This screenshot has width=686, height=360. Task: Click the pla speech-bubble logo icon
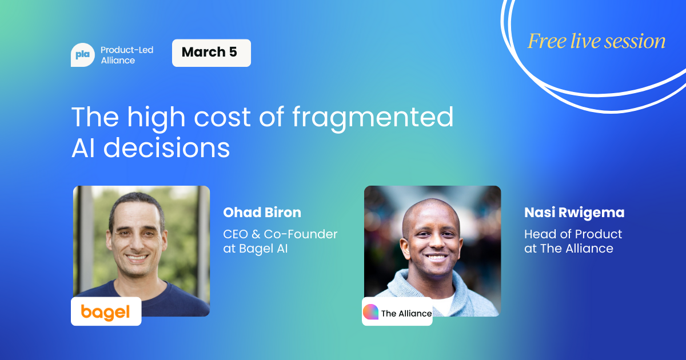[83, 55]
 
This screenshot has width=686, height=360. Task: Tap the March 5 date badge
[212, 53]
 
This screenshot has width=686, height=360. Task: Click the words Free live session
[596, 41]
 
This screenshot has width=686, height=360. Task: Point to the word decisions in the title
[166, 147]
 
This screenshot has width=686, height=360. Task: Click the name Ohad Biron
[262, 213]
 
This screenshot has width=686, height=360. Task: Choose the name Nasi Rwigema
[574, 213]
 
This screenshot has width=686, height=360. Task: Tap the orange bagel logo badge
[106, 311]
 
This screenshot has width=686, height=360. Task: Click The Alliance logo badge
[397, 311]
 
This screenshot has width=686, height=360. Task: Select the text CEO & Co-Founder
[280, 234]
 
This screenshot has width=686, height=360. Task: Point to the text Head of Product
[573, 234]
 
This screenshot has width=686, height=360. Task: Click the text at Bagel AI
[256, 249]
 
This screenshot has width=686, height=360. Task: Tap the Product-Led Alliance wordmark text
[127, 55]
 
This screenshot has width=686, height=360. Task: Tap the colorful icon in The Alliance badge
[370, 311]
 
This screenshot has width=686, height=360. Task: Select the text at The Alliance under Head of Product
[569, 249]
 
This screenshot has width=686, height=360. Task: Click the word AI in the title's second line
[83, 148]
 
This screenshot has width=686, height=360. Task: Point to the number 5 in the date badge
[233, 52]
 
